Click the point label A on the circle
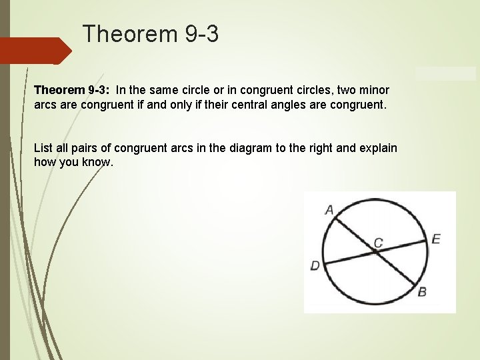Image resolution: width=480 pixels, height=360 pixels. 329,210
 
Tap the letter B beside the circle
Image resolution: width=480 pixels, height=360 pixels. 422,291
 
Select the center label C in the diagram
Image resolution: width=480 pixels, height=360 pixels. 378,243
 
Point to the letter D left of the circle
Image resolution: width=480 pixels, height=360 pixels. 315,266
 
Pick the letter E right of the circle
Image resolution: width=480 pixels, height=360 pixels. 435,239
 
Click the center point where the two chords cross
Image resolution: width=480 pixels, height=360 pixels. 373,252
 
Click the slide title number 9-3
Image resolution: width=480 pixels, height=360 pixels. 199,34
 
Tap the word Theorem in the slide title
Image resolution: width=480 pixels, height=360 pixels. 127,34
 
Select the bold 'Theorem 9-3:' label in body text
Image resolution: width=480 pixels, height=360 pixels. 71,89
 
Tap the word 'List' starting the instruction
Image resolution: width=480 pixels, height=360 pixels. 43,147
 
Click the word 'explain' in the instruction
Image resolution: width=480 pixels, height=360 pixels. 377,147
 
